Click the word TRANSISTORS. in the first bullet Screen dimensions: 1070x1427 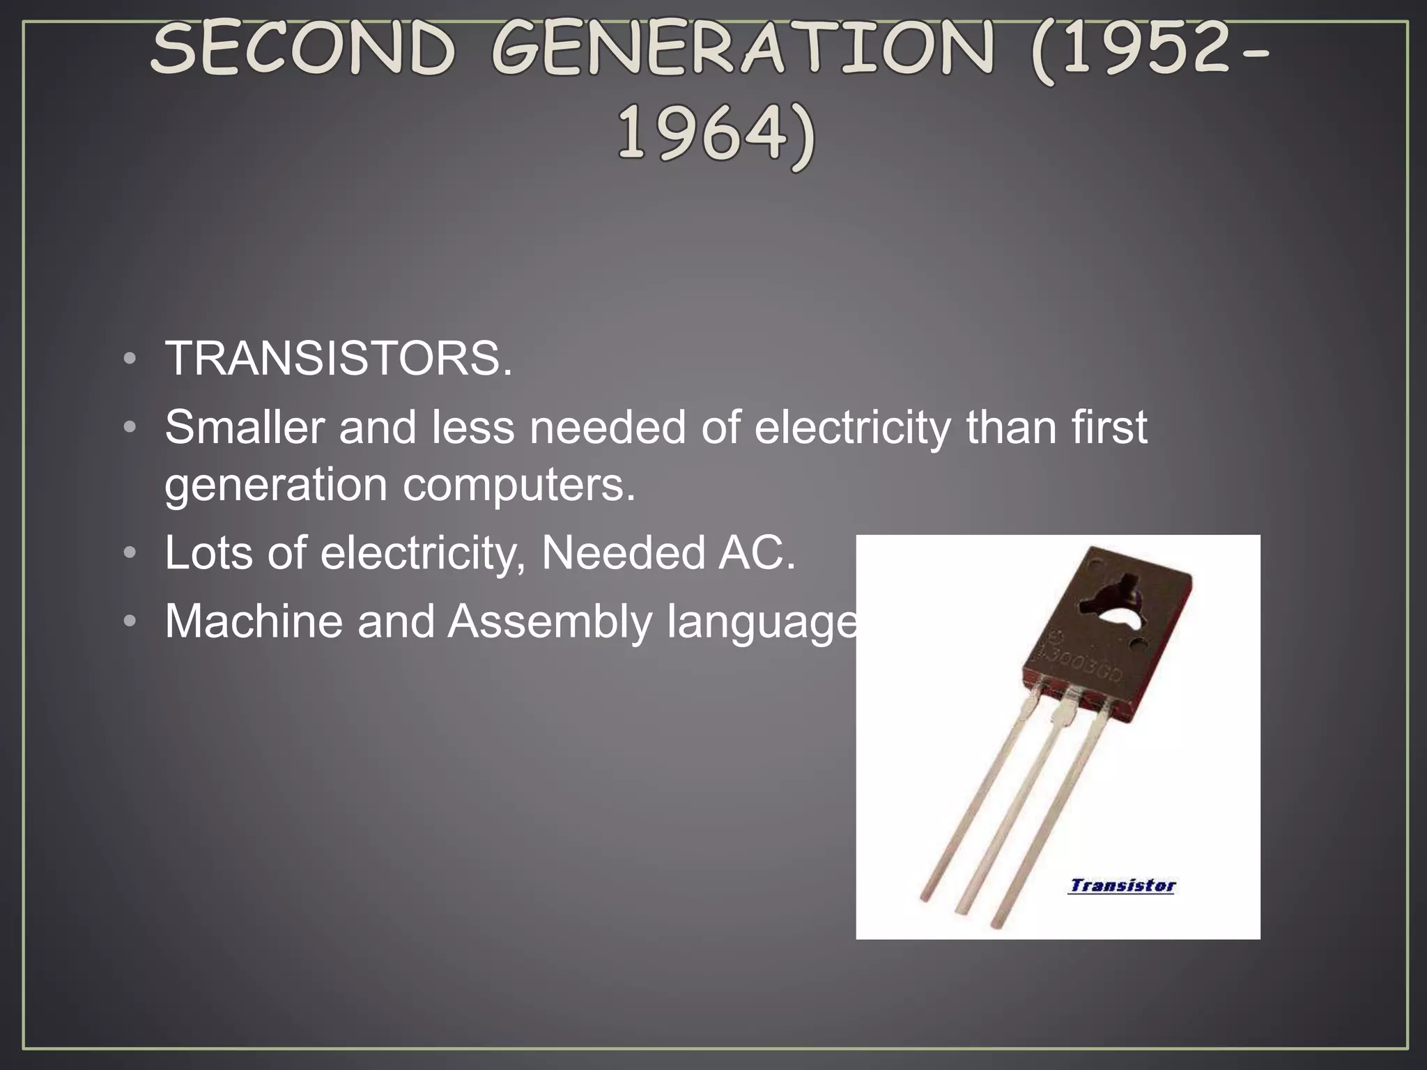(339, 359)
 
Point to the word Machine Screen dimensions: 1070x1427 (254, 621)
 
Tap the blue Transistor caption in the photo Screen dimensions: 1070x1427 (1122, 886)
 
